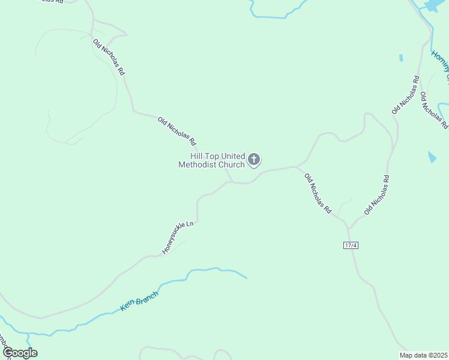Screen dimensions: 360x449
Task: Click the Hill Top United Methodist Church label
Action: (211, 160)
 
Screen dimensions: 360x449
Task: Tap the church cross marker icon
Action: (254, 160)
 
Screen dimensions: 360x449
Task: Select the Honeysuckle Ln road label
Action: (178, 237)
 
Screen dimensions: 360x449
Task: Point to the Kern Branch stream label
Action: (140, 301)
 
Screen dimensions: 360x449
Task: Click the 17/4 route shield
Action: (351, 245)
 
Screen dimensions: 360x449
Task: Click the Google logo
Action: (19, 353)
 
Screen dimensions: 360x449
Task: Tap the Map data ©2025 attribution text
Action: (423, 355)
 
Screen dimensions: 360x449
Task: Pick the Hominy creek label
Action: (440, 65)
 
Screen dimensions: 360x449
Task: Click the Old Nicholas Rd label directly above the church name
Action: (177, 131)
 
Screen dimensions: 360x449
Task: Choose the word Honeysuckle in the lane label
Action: (175, 240)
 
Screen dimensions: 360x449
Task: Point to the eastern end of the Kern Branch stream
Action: (246, 278)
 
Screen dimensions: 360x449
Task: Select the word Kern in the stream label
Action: (127, 306)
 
